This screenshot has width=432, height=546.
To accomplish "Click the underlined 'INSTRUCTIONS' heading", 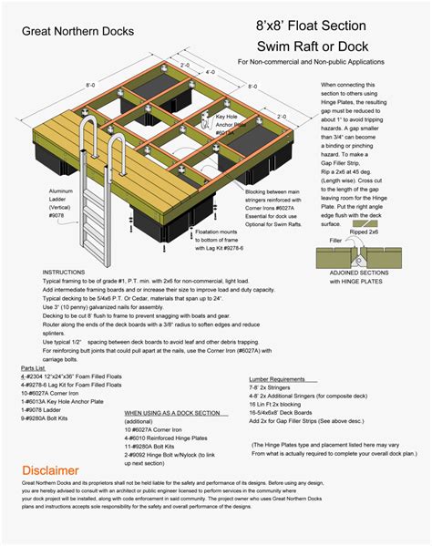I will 67,273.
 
